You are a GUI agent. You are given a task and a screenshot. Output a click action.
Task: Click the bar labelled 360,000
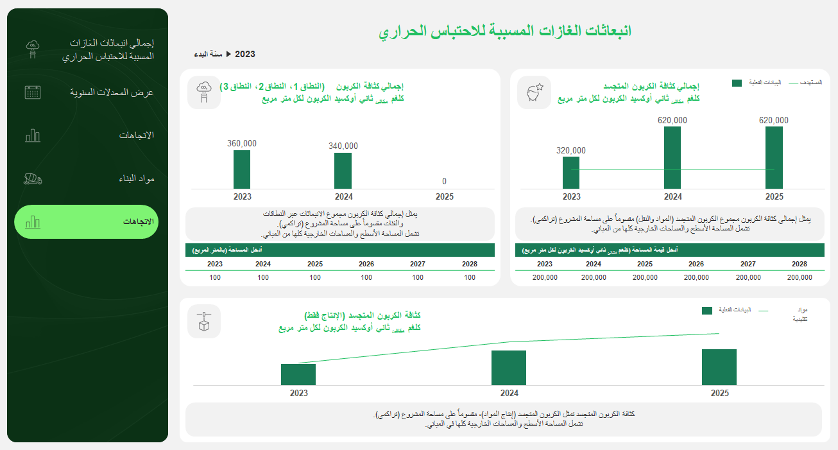242,169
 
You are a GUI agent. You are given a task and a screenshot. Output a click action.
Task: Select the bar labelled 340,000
343,171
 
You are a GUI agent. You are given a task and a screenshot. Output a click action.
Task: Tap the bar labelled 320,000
571,173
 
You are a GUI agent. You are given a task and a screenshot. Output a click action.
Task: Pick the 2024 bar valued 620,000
672,157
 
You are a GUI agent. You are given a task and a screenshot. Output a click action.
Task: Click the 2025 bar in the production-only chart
719,367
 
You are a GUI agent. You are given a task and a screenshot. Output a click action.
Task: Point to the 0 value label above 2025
444,182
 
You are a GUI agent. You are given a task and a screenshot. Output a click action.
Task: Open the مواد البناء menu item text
137,178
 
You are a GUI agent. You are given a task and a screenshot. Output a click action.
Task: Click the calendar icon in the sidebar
33,92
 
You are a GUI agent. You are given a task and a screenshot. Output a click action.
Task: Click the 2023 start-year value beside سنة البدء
245,55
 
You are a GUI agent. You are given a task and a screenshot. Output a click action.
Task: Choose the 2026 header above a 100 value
366,264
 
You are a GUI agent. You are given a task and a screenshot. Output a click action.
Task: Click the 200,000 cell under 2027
748,277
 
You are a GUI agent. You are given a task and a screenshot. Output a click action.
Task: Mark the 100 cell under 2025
315,277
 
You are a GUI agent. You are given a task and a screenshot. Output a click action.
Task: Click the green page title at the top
504,31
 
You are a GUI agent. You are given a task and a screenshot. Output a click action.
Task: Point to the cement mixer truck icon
33,178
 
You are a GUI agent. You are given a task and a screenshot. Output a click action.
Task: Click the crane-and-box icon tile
204,321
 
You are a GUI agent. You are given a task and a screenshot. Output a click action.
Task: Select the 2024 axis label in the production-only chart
509,394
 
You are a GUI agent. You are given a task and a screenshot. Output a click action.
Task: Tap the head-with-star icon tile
534,93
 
